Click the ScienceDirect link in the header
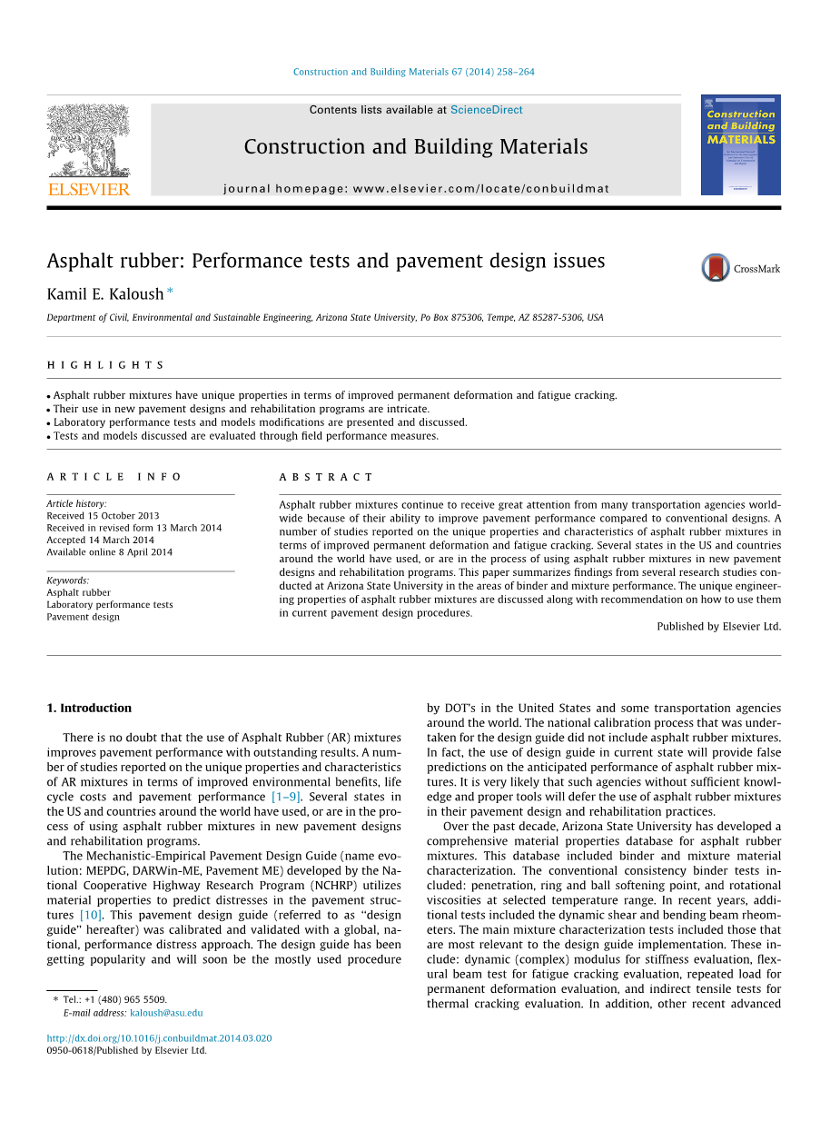pos(487,110)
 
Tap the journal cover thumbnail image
pos(740,145)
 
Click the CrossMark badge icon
pos(716,268)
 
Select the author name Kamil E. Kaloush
pos(105,293)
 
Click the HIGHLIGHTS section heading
pos(105,365)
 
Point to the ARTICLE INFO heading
pos(114,477)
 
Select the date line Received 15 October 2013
pos(103,516)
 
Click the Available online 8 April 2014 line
pos(109,551)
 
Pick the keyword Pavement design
pos(83,617)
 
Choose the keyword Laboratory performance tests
pos(109,604)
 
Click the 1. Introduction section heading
pos(89,708)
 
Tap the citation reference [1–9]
pos(286,797)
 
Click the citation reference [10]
pos(91,915)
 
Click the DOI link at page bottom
pos(159,1038)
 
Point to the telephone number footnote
pos(114,999)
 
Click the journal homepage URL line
pos(416,189)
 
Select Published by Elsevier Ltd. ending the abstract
pos(718,626)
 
